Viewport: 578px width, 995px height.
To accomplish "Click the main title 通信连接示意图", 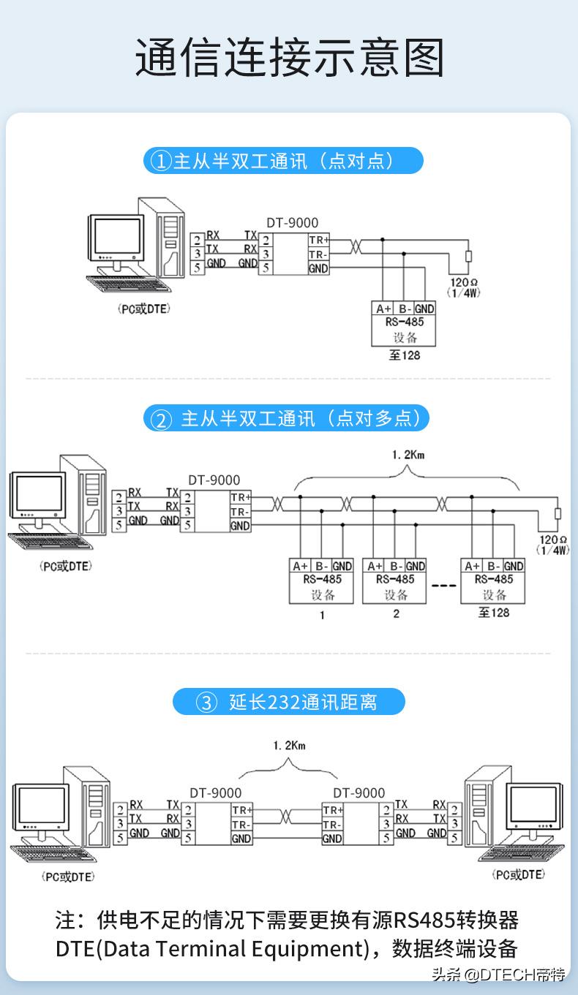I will [x=290, y=58].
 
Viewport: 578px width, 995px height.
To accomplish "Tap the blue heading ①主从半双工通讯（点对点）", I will [x=283, y=161].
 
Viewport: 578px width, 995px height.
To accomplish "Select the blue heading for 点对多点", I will [x=286, y=419].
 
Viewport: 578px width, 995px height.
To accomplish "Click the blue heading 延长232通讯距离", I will [x=288, y=702].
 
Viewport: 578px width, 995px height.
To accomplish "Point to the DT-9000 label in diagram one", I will [x=293, y=223].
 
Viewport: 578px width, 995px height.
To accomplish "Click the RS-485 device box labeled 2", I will [x=395, y=581].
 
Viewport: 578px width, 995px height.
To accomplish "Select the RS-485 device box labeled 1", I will [x=322, y=581].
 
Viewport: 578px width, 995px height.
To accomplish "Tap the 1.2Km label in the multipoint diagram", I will [x=408, y=455].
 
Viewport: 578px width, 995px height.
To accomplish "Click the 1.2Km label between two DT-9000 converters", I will [x=289, y=746].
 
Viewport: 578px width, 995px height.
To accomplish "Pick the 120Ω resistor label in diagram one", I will [x=465, y=287].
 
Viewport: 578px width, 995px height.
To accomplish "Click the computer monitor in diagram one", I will [x=116, y=238].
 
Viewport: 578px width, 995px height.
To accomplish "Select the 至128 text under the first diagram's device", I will [x=405, y=355].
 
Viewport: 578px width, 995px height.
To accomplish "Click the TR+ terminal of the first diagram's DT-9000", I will [x=318, y=240].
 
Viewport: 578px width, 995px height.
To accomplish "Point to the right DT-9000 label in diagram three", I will [x=359, y=792].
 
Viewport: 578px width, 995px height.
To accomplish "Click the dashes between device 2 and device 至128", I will [x=443, y=586].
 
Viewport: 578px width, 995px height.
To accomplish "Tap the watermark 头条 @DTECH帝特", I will [x=499, y=974].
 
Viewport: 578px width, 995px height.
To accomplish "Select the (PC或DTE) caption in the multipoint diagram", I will [x=66, y=566].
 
